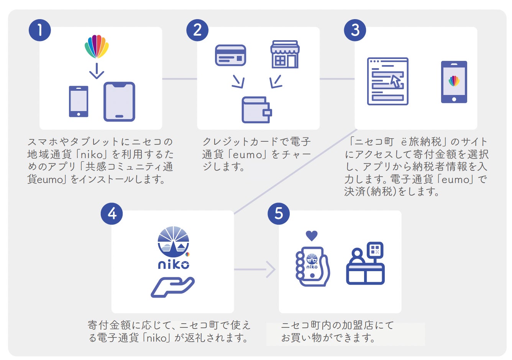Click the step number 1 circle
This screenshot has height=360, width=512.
coord(40,30)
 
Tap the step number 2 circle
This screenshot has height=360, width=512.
coord(197,30)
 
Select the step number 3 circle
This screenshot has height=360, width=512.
coord(355,30)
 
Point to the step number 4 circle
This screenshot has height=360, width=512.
coord(112,213)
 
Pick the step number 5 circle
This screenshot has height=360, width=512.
coord(279,213)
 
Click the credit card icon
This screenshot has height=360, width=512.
coord(230,56)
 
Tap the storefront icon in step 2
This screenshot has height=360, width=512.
coord(285,54)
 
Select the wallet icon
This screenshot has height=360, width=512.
coord(256,110)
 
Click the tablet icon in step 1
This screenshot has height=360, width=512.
coord(119,101)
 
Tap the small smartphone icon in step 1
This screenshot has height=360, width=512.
coord(79,101)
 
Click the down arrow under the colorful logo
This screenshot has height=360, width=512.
coord(97,71)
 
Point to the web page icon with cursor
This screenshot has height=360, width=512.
coord(387,81)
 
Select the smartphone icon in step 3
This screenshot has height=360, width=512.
coord(454,82)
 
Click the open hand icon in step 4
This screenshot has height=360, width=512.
coord(172,287)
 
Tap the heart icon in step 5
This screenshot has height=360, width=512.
coord(312,236)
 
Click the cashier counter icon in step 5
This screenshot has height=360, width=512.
coord(366,264)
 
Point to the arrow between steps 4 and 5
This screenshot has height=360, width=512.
coord(270,269)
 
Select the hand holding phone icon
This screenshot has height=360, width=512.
coord(312,267)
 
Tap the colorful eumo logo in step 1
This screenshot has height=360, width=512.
coord(97,46)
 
